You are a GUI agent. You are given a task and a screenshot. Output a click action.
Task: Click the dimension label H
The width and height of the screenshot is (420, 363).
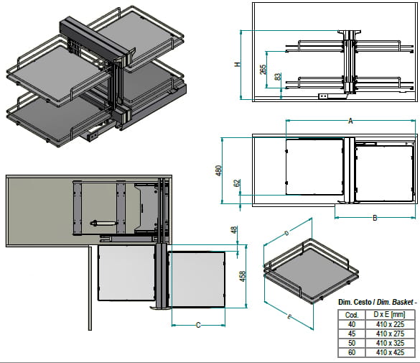click(x=238, y=65)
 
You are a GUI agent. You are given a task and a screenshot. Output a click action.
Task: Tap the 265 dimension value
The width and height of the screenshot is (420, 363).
click(x=263, y=70)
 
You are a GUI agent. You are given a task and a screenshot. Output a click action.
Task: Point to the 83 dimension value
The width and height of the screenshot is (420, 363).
click(x=278, y=77)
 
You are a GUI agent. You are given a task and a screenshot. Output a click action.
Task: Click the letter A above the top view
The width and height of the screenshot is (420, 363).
click(x=350, y=121)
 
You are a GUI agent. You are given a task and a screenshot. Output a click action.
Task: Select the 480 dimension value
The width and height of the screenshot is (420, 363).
click(x=218, y=171)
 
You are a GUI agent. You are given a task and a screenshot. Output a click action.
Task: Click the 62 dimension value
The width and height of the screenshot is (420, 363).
click(x=237, y=183)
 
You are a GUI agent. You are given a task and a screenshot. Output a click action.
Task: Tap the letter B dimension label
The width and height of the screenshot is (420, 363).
click(x=375, y=218)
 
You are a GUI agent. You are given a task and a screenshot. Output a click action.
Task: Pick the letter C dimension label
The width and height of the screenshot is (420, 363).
click(x=198, y=325)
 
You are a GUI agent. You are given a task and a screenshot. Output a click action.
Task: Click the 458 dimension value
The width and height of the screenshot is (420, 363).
click(x=242, y=277)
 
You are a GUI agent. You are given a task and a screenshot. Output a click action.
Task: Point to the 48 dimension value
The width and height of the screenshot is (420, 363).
click(x=234, y=230)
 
